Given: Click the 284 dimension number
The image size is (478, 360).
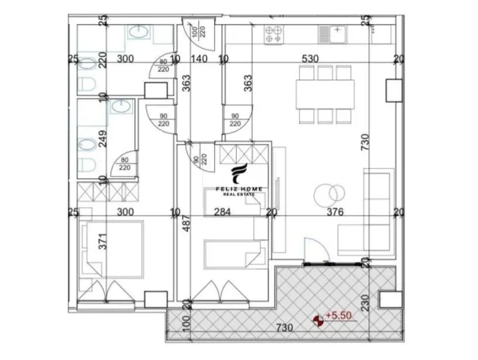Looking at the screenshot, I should (x=223, y=212).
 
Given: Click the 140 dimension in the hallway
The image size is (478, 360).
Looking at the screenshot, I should (x=199, y=58).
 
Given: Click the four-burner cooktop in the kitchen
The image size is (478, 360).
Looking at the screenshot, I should (x=274, y=34).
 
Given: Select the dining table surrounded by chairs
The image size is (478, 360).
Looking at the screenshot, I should (x=324, y=94).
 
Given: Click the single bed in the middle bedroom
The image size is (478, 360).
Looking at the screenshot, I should (x=232, y=255).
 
